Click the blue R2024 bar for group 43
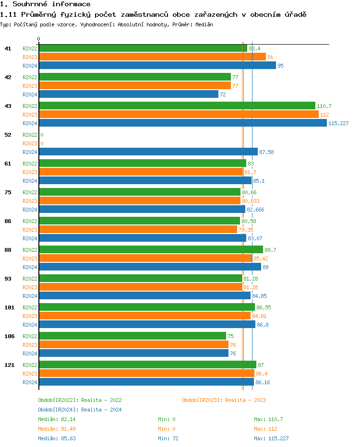(x=182, y=123)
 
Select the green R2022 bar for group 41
(x=143, y=48)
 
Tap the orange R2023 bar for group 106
(x=133, y=344)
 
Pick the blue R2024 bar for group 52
(x=148, y=152)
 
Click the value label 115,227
(x=338, y=123)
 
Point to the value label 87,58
(x=266, y=152)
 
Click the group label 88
(x=8, y=250)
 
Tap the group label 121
(x=9, y=365)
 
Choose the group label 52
(x=8, y=135)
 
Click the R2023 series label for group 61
(x=30, y=172)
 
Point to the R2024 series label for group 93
(x=30, y=296)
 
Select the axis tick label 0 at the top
(x=39, y=39)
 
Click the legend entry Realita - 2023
(x=224, y=400)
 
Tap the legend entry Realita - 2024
(x=80, y=410)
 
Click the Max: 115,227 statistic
(x=271, y=438)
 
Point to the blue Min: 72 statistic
(x=167, y=438)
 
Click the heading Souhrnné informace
(x=45, y=4)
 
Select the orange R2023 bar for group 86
(x=138, y=229)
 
